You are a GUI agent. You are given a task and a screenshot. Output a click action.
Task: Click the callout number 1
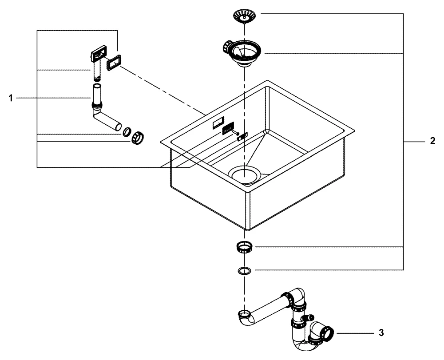point(11,98)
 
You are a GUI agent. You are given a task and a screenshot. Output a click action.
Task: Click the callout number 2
point(432,142)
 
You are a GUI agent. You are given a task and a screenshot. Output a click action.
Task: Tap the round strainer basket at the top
point(244,16)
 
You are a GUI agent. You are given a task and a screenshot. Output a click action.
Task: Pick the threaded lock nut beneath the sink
point(244,247)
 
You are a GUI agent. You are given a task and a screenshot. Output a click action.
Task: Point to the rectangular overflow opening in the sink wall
point(218,123)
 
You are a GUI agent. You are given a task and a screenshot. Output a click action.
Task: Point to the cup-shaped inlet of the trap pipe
point(244,316)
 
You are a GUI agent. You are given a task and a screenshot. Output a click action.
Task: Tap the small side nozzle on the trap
point(309,317)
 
